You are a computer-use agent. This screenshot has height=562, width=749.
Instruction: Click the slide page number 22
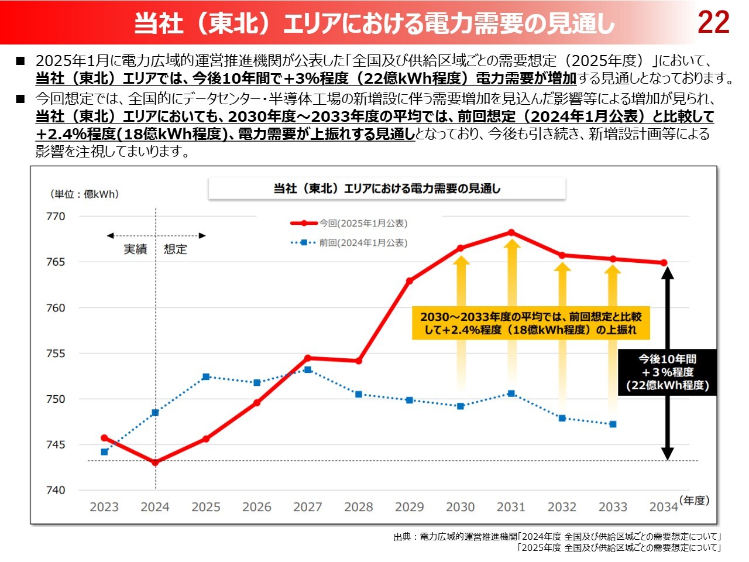pos(713,22)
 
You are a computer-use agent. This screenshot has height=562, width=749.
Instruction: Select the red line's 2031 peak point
pos(511,232)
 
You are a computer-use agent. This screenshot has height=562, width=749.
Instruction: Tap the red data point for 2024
pos(155,462)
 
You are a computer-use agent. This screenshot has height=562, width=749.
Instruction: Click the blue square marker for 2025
pos(206,377)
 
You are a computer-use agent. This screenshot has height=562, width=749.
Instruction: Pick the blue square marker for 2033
pos(613,424)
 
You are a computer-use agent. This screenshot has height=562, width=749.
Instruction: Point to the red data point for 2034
pos(664,263)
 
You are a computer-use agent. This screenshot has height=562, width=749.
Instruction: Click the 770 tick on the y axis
pos(56,217)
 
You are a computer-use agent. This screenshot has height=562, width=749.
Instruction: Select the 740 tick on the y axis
pos(56,491)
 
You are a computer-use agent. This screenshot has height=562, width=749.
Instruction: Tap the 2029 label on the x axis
pos(410,507)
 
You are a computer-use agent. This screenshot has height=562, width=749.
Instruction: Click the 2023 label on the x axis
pos(104,507)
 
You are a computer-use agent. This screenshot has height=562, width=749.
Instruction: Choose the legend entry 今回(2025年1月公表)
pos(363,224)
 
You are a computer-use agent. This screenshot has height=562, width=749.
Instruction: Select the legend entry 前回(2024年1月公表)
pos(363,243)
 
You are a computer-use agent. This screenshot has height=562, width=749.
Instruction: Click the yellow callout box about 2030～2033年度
pos(531,323)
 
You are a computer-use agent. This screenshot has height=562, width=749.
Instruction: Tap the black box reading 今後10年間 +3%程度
pos(667,372)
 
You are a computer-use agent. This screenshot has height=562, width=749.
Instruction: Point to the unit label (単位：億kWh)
pos(84,194)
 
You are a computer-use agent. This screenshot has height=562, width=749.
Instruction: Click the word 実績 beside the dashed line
pos(135,249)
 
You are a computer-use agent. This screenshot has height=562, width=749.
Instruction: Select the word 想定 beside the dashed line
pos(176,249)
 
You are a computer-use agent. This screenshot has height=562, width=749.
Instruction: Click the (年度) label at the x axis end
pos(695,501)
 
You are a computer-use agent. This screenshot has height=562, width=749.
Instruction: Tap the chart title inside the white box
pos(387,189)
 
